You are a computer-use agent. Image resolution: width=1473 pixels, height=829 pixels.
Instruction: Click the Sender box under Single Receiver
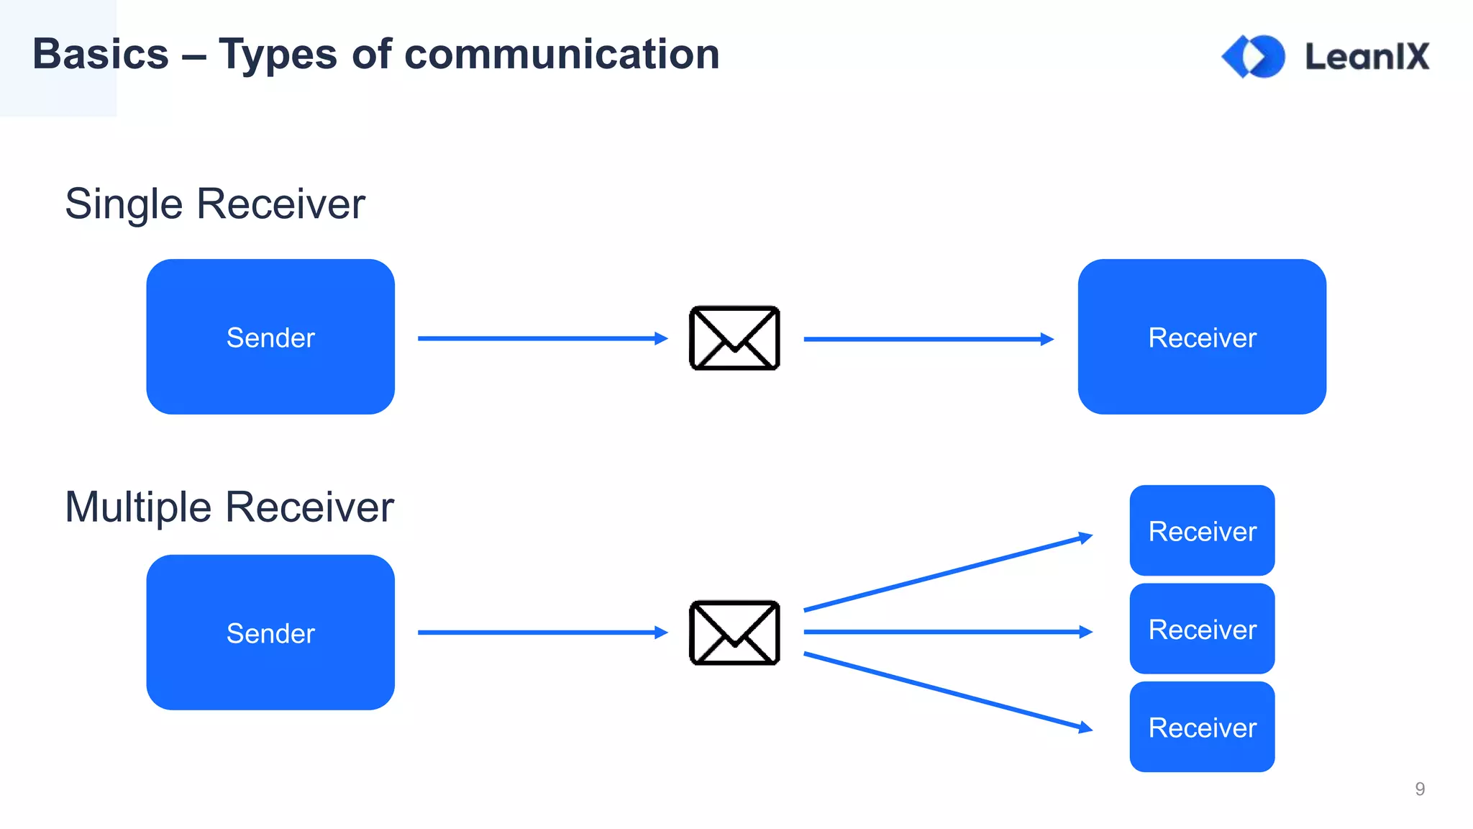pyautogui.click(x=270, y=337)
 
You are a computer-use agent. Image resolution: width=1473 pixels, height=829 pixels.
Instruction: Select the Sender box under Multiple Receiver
pyautogui.click(x=270, y=633)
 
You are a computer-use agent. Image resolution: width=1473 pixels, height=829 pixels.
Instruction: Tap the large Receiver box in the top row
pyautogui.click(x=1202, y=337)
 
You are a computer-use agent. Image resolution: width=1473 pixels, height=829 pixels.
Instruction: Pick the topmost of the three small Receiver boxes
pyautogui.click(x=1202, y=531)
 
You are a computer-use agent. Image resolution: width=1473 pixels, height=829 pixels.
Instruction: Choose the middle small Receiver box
pyautogui.click(x=1202, y=629)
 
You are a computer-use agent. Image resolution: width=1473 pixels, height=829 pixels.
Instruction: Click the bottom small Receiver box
pyautogui.click(x=1202, y=727)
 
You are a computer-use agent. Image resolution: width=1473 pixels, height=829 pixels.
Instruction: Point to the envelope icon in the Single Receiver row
pyautogui.click(x=734, y=338)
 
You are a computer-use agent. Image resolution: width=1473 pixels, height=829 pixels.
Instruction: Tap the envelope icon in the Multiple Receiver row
pyautogui.click(x=734, y=633)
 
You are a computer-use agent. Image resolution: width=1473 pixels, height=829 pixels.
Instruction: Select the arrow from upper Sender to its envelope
pyautogui.click(x=539, y=338)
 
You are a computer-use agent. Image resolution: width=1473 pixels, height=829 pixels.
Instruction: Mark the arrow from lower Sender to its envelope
pyautogui.click(x=539, y=633)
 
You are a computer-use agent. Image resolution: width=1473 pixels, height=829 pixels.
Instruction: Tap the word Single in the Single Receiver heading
pyautogui.click(x=124, y=204)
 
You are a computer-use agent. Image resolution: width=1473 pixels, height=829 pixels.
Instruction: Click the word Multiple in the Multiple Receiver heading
pyautogui.click(x=138, y=507)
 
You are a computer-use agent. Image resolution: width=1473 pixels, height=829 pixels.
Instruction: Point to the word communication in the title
pyautogui.click(x=562, y=55)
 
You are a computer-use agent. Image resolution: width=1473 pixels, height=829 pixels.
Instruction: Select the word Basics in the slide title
pyautogui.click(x=101, y=55)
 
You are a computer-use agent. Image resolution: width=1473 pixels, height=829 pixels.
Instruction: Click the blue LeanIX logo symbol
pyautogui.click(x=1253, y=56)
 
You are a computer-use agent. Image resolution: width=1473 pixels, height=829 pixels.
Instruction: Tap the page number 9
pyautogui.click(x=1419, y=789)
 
